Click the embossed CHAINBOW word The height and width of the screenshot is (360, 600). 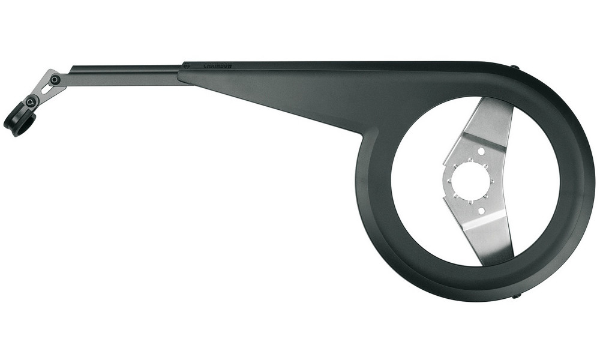click(217, 65)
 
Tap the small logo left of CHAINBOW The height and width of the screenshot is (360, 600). click(187, 65)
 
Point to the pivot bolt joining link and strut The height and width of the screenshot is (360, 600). click(55, 79)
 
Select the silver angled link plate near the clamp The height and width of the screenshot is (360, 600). click(45, 87)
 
